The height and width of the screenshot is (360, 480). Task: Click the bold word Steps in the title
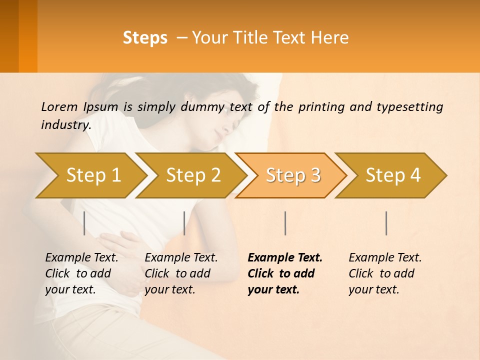[145, 38]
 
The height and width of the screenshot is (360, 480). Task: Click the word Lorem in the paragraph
[59, 106]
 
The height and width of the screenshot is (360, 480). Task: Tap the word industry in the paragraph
[65, 125]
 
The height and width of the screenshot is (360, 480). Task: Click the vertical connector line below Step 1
[84, 223]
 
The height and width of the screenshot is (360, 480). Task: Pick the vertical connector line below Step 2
[184, 223]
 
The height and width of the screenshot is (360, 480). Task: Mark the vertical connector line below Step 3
[285, 223]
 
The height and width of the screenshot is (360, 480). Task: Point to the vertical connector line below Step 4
[386, 223]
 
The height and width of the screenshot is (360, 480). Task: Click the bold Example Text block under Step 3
[284, 273]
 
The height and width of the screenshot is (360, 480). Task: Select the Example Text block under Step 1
[81, 273]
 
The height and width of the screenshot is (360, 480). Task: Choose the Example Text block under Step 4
[385, 273]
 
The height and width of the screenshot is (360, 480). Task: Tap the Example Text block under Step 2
[181, 273]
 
